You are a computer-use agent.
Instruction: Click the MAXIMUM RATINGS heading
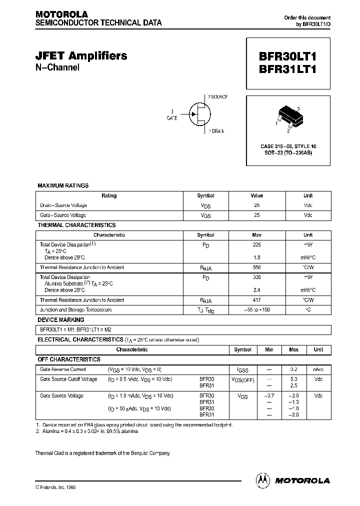pos(63,185)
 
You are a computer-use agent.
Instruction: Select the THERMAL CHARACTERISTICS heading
pos(76,225)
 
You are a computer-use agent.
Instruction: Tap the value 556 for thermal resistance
pos(257,267)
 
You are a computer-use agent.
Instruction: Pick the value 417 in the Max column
pos(257,300)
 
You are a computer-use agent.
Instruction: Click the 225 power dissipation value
pos(257,244)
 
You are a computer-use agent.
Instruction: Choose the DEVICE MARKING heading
pos(61,319)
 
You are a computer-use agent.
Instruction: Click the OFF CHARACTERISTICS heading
pos(69,359)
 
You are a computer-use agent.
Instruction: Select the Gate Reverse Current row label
pos(63,369)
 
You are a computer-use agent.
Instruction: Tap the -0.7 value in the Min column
pos(269,395)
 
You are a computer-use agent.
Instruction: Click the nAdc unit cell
pos(318,369)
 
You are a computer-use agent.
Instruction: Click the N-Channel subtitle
pos(57,68)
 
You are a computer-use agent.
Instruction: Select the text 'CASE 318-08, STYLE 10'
pos(288,146)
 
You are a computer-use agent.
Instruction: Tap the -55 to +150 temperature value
pos(257,310)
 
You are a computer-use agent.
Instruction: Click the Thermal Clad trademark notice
pos(102,453)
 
